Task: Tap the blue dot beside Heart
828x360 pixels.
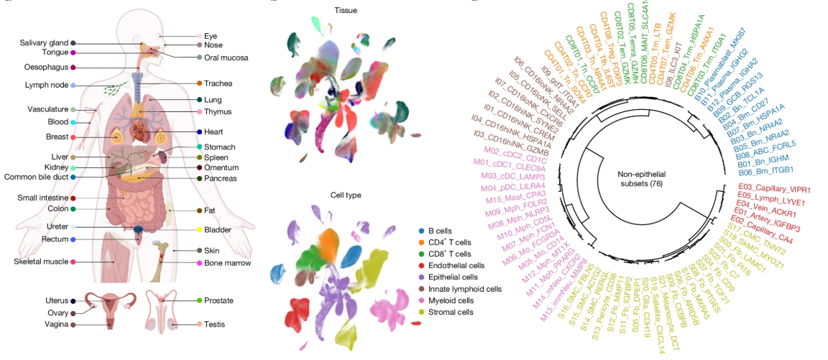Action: click(198, 132)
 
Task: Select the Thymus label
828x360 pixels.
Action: click(218, 112)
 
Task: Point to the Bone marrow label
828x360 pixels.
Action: click(228, 263)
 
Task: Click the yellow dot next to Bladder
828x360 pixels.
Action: click(198, 230)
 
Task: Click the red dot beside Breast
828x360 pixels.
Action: click(73, 137)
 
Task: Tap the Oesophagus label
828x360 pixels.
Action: click(46, 67)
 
